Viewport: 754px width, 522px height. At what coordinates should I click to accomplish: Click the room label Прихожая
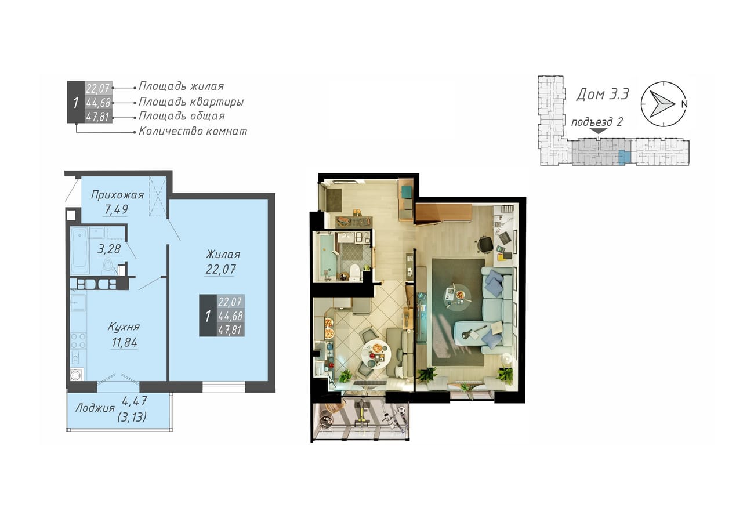(118, 195)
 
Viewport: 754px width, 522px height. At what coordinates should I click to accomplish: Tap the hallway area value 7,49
(116, 209)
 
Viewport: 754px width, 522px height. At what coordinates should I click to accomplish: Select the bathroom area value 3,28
(109, 249)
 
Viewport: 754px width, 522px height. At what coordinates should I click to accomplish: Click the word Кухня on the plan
(124, 327)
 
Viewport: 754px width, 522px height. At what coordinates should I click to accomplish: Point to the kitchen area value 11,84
(124, 342)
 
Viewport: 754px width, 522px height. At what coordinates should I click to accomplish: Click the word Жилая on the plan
(223, 254)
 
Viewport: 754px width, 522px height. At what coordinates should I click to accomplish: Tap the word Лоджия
(95, 408)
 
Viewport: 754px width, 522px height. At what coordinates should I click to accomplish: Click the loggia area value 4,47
(135, 401)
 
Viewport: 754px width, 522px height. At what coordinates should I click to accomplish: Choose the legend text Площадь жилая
(182, 86)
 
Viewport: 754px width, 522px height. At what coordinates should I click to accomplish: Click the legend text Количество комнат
(193, 131)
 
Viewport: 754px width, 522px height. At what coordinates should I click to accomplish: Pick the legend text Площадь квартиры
(191, 101)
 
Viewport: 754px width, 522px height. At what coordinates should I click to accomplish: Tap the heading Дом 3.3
(602, 94)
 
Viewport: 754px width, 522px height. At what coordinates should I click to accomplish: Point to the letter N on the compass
(684, 104)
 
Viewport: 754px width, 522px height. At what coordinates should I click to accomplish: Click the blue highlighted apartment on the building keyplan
(625, 157)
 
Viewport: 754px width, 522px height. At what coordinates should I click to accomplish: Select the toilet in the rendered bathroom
(354, 272)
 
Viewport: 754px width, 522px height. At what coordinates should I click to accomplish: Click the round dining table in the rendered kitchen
(376, 355)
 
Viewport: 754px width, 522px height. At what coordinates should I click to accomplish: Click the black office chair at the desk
(485, 244)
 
